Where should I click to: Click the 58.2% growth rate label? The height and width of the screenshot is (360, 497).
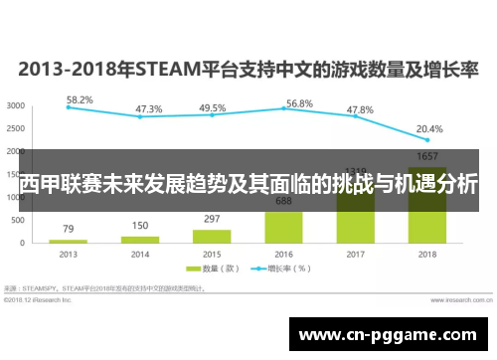tap(80, 99)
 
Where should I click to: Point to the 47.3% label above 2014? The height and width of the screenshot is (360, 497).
tap(149, 108)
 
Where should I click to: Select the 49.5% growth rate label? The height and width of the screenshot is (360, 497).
tap(212, 107)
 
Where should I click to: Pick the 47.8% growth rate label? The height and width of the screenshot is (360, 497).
tap(359, 108)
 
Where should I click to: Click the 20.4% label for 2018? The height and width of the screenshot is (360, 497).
tap(430, 128)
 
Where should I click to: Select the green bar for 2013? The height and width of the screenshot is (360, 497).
tap(69, 241)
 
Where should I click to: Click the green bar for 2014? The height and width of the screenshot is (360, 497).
tap(140, 239)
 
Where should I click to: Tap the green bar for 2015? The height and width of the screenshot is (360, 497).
tap(212, 236)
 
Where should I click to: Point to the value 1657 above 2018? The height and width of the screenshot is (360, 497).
tap(427, 157)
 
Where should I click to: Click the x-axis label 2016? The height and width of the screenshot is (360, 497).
tap(283, 255)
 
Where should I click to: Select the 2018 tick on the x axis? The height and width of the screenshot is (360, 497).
tap(427, 255)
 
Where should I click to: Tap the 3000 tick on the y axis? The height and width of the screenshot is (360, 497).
tap(16, 105)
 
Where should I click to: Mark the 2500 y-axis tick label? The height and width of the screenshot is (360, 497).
tap(16, 128)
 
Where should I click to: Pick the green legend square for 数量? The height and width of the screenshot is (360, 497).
tap(196, 269)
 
